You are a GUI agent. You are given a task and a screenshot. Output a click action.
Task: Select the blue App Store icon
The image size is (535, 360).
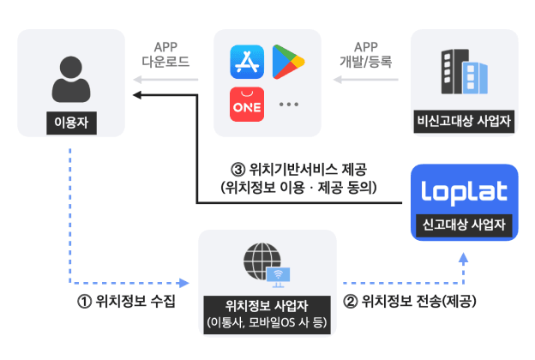[246, 62]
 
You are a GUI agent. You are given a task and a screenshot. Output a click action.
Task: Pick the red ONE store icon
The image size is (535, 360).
[246, 104]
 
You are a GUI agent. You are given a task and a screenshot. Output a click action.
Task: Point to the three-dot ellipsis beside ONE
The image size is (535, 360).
[288, 105]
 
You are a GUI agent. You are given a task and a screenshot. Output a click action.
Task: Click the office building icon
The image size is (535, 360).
[463, 70]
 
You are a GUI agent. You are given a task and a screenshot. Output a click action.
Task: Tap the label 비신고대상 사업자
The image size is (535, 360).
[464, 120]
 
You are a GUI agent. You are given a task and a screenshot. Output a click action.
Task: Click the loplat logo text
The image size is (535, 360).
[464, 192]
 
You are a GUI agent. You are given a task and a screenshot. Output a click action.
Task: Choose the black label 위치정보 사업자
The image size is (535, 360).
[266, 305]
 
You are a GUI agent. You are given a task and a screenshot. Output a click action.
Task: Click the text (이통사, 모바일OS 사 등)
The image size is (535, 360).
[266, 323]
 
